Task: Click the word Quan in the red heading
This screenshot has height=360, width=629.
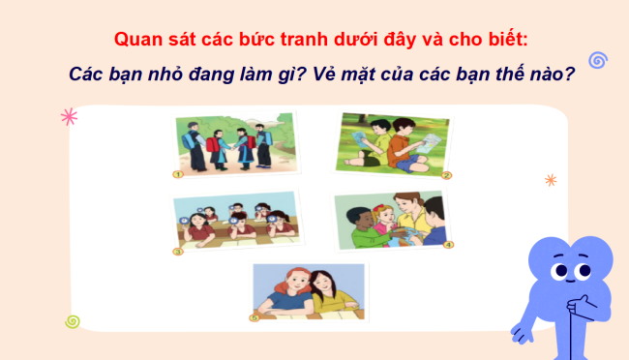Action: (x=136, y=40)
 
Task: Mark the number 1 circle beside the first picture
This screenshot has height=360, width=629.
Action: (x=178, y=174)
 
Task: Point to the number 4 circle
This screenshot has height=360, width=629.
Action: (x=448, y=245)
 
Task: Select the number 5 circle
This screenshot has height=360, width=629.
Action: (x=254, y=315)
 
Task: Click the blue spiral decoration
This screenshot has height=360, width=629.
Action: (x=597, y=60)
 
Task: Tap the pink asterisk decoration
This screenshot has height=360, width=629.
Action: (x=69, y=117)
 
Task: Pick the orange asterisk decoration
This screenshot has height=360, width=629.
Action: (x=551, y=180)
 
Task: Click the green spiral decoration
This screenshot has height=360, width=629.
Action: (x=72, y=321)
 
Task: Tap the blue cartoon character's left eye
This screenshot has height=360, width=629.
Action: (x=559, y=272)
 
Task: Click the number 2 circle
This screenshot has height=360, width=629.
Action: (x=446, y=175)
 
